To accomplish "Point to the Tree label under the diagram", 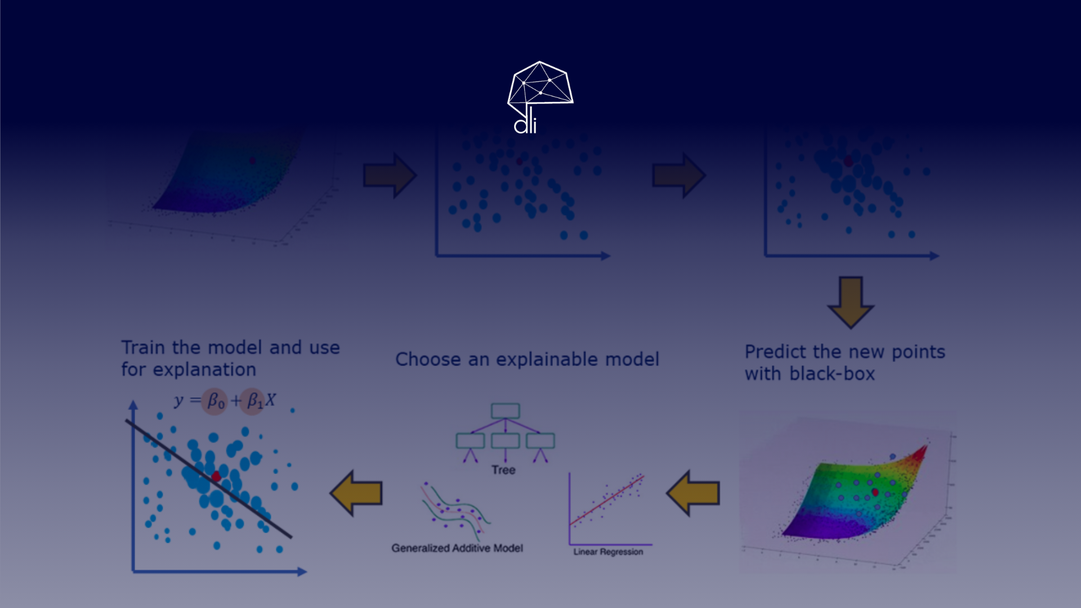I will [x=503, y=470].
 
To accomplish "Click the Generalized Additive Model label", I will [x=457, y=548].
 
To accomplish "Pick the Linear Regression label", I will [x=608, y=552].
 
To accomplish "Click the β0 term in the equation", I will [x=215, y=401].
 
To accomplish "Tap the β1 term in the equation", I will [x=253, y=401].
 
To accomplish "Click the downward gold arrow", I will [x=851, y=301].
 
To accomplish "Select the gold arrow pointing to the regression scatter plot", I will [x=357, y=493].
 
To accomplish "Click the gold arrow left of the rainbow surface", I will [x=693, y=493].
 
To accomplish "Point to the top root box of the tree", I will [x=505, y=410].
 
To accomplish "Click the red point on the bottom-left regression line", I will [x=216, y=477].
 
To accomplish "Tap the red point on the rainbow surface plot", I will [x=875, y=493].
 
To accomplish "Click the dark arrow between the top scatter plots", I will [x=678, y=175].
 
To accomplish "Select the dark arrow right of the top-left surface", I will [x=390, y=175].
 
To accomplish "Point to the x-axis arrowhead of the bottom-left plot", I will [x=302, y=572].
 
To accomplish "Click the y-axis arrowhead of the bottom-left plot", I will [x=133, y=405].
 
